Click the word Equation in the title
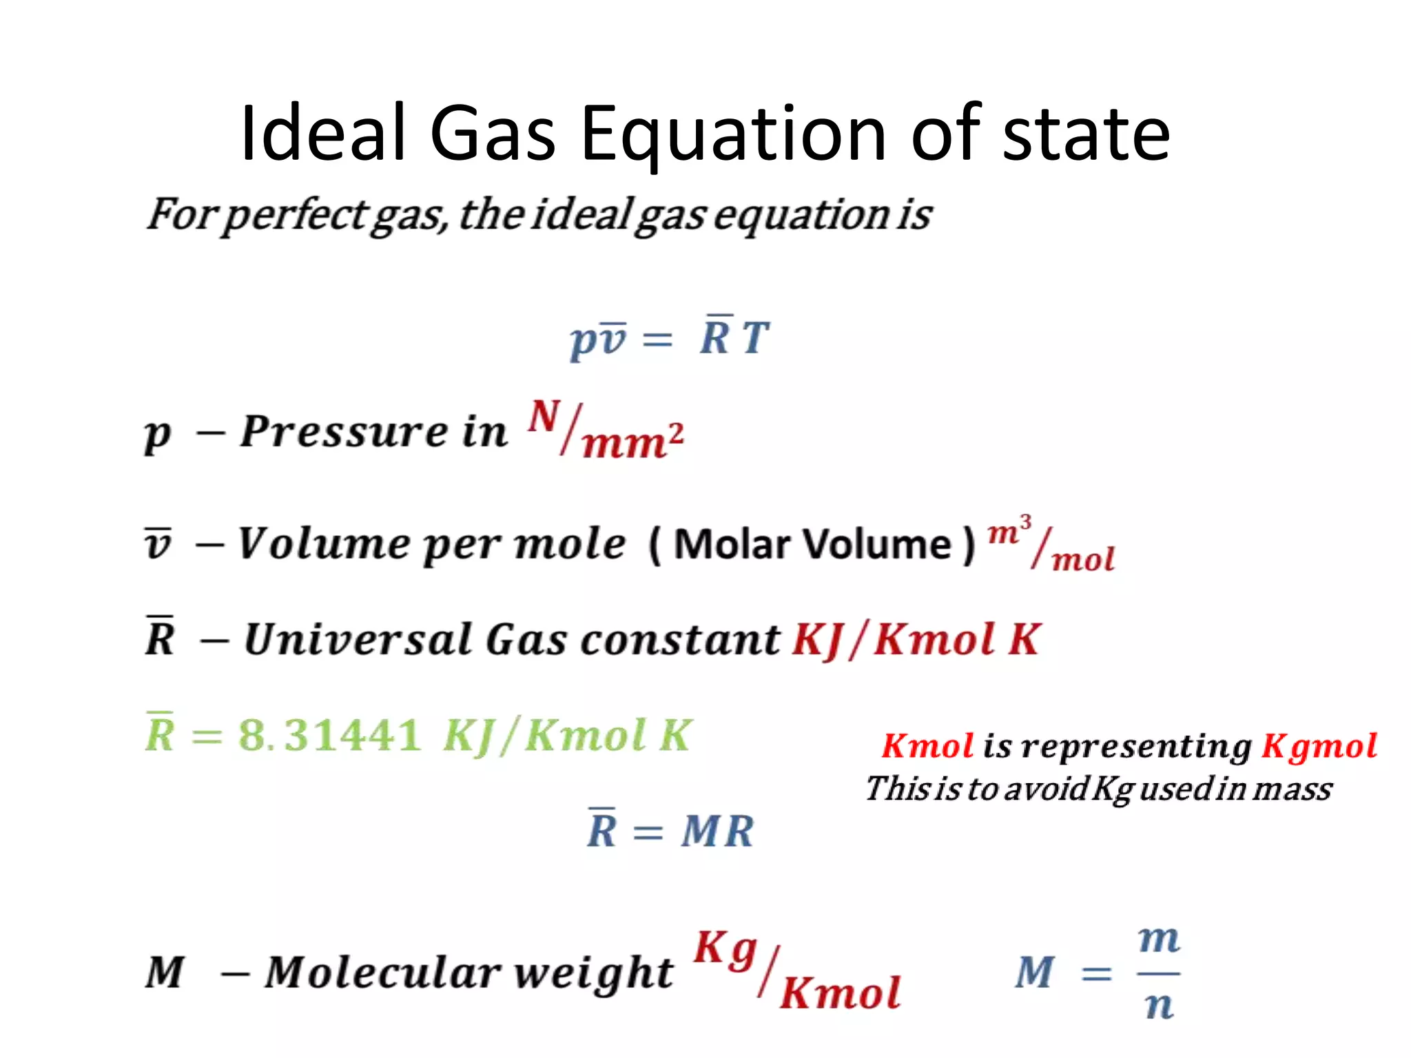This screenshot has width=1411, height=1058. [x=733, y=134]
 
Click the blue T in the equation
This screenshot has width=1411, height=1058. [x=755, y=338]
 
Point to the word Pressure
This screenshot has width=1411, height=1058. [x=344, y=432]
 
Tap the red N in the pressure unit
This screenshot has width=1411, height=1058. [x=544, y=416]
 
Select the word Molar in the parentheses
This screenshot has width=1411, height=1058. [x=732, y=544]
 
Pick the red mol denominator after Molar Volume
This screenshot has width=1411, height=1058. [x=1083, y=559]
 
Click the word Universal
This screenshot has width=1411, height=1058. [x=358, y=639]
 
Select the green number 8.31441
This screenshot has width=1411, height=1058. [x=329, y=734]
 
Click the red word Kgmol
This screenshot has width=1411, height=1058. [x=1319, y=747]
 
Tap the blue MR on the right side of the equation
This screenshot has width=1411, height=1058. [x=717, y=831]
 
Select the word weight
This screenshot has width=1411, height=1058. [x=593, y=973]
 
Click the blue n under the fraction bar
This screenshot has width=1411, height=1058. [x=1159, y=1006]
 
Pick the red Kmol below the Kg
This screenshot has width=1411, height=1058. [x=840, y=993]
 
